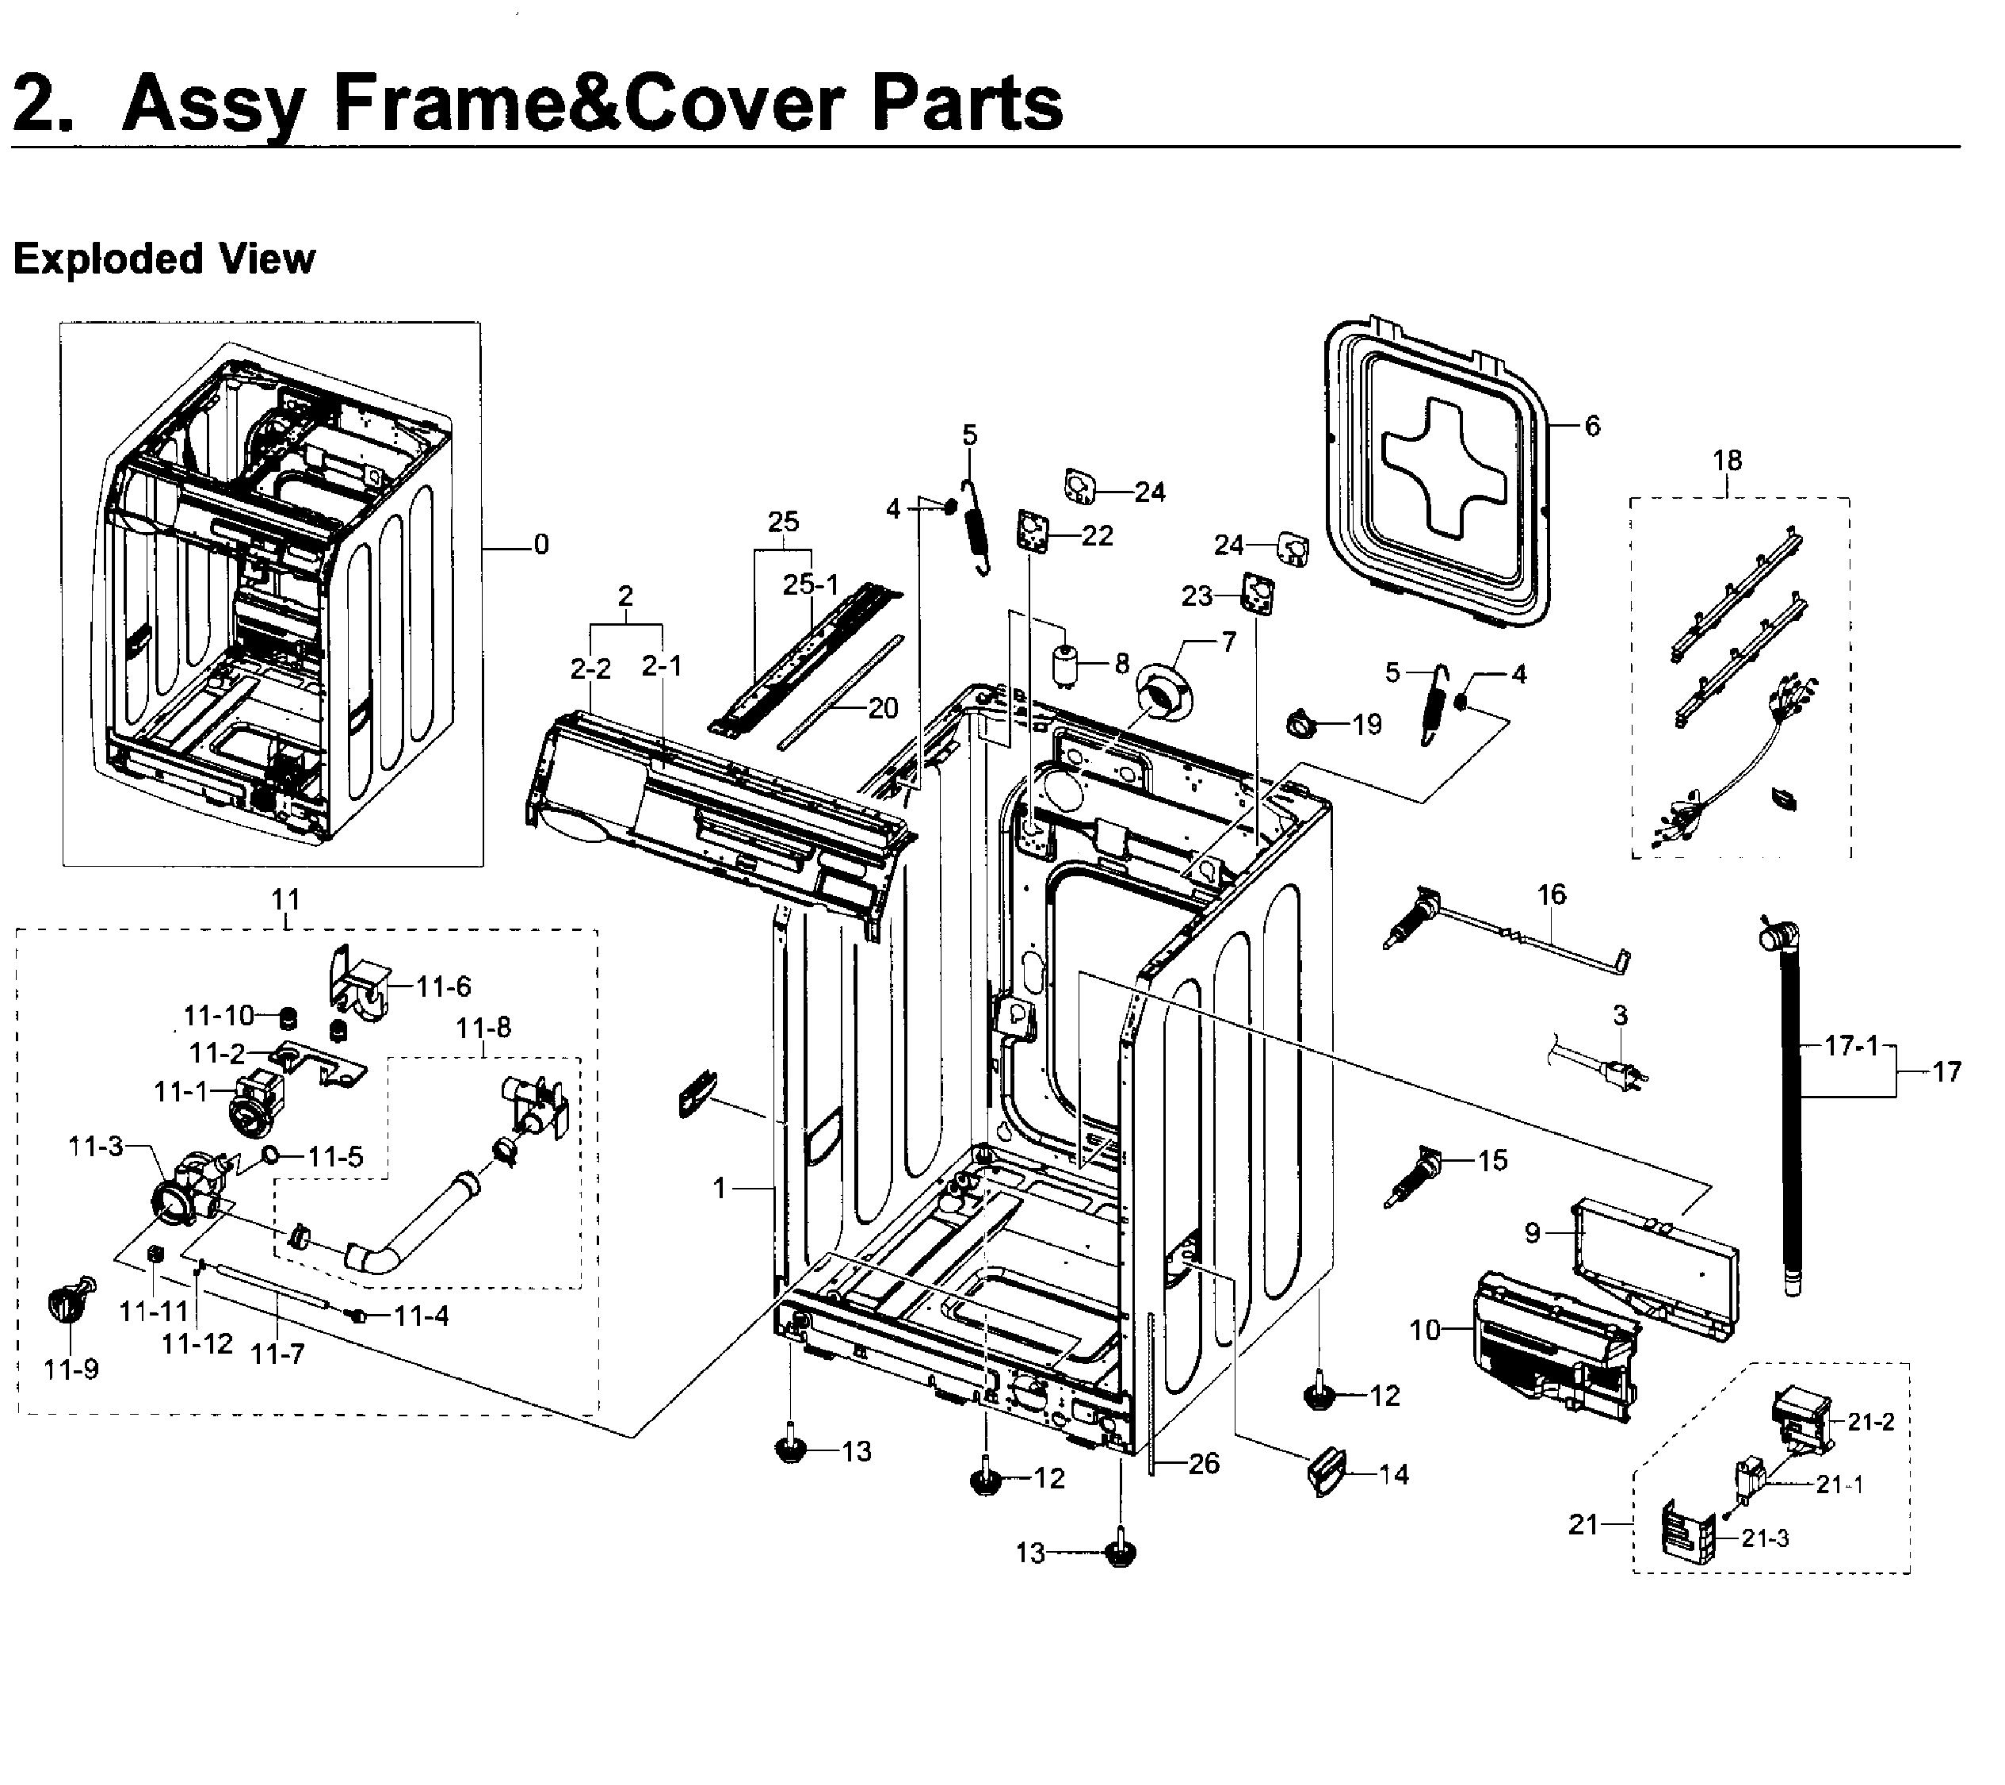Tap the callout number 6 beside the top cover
pos(1592,426)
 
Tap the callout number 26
pos(1204,1464)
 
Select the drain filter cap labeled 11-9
pos(70,1303)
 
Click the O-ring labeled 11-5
pos(269,1157)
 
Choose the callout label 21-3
pos(1766,1538)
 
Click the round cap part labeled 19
pos(1302,724)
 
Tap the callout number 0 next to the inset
pos(540,545)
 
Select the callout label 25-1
pos(812,585)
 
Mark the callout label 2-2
pos(590,668)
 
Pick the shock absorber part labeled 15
pos(1411,1182)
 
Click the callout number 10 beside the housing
pos(1424,1330)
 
